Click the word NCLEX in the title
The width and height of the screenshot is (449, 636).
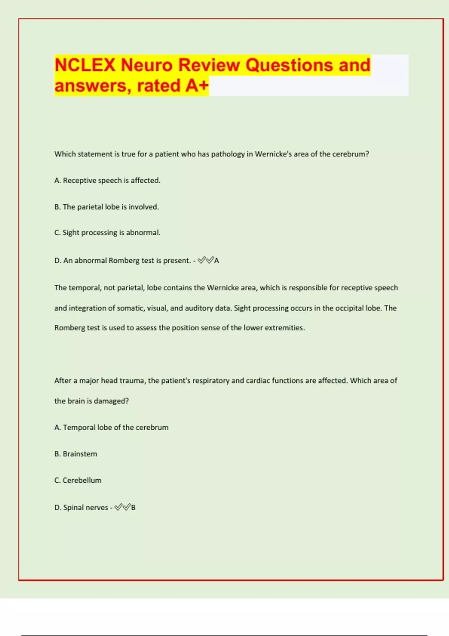(x=85, y=65)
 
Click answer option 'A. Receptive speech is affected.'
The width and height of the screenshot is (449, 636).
(x=107, y=181)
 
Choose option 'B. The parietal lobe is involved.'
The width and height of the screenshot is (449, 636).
(x=106, y=207)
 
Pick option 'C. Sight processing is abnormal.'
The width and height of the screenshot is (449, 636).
(x=107, y=233)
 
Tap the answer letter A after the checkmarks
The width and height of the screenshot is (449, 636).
(x=217, y=261)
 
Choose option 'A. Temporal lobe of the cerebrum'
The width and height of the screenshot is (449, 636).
(x=111, y=428)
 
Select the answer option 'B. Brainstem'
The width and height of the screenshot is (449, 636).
(x=76, y=454)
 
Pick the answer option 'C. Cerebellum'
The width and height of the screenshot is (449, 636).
(x=78, y=480)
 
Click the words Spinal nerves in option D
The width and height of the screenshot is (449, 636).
(x=86, y=508)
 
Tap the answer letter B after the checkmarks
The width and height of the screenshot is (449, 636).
(x=134, y=508)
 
